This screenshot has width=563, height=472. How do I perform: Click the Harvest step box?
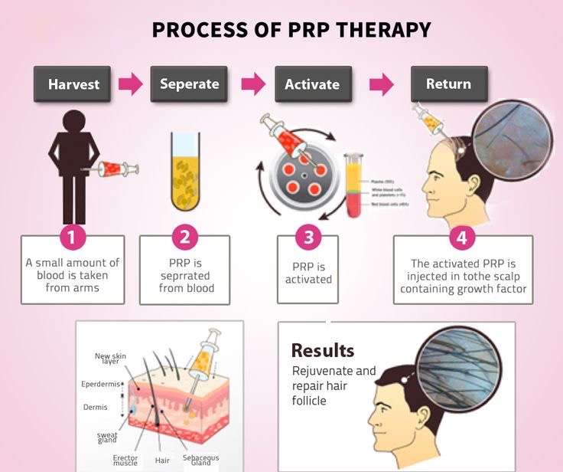pyautogui.click(x=73, y=84)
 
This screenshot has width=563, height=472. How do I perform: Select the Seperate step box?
pyautogui.click(x=189, y=84)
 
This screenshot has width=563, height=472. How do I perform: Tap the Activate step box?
pyautogui.click(x=311, y=84)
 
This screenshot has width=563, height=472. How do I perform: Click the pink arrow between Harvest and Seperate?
pyautogui.click(x=131, y=84)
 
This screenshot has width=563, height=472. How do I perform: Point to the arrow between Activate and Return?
pyautogui.click(x=381, y=84)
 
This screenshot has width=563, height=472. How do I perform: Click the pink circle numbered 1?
pyautogui.click(x=72, y=238)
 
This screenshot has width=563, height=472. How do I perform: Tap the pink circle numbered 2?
pyautogui.click(x=184, y=238)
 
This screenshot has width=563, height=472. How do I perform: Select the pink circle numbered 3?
pyautogui.click(x=308, y=238)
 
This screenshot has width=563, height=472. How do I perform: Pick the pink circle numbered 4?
pyautogui.click(x=461, y=238)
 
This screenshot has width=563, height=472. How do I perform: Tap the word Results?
pyautogui.click(x=323, y=351)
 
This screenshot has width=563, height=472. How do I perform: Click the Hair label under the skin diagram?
pyautogui.click(x=162, y=461)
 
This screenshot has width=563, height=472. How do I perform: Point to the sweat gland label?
pyautogui.click(x=107, y=438)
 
